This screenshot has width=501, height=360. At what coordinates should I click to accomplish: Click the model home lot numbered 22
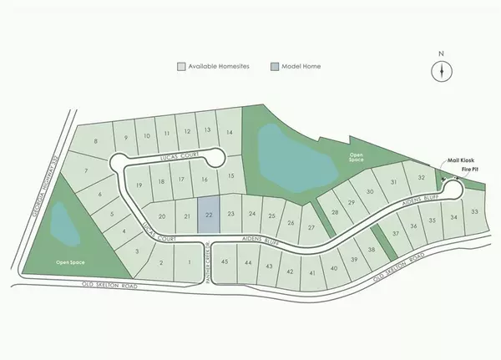click(x=209, y=215)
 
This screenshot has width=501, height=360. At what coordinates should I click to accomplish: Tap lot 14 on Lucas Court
click(x=229, y=132)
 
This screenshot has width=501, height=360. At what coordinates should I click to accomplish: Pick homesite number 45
click(x=225, y=262)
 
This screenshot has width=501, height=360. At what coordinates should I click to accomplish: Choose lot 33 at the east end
click(x=474, y=213)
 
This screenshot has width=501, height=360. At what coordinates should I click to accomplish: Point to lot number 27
click(x=311, y=227)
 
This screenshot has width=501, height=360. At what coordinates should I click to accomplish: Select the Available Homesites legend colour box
click(x=179, y=67)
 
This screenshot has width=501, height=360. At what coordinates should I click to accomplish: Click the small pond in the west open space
click(x=61, y=221)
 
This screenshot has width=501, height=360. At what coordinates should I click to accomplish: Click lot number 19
click(x=139, y=185)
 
